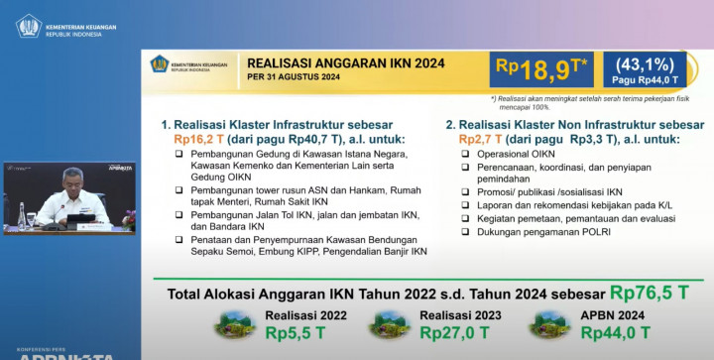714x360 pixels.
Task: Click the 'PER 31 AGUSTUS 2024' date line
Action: tap(294, 80)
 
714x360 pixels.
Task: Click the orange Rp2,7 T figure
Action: tap(481, 141)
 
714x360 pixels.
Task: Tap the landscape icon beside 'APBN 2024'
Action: tap(548, 323)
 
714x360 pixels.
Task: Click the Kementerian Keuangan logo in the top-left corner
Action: tap(28, 25)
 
